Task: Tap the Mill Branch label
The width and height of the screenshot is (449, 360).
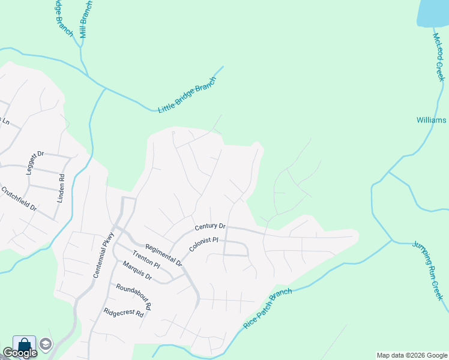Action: (x=86, y=19)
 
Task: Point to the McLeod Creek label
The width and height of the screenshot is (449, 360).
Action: (x=439, y=57)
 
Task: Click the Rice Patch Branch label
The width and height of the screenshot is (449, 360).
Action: (x=268, y=308)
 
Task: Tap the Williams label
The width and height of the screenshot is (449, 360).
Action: (x=432, y=120)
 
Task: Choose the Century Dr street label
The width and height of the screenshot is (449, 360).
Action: (x=210, y=226)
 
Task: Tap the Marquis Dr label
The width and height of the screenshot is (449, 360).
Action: (x=137, y=271)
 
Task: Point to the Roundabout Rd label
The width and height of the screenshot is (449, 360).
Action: (x=134, y=296)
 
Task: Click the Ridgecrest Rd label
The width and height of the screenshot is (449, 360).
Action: (x=124, y=313)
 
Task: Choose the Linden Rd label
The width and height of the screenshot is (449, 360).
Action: (x=61, y=188)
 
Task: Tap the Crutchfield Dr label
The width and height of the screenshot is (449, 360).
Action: (x=19, y=199)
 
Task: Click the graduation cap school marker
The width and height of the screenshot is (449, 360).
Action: (x=46, y=344)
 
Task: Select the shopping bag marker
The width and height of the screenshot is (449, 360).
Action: (x=24, y=345)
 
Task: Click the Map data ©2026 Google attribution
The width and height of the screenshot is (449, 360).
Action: (x=412, y=355)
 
